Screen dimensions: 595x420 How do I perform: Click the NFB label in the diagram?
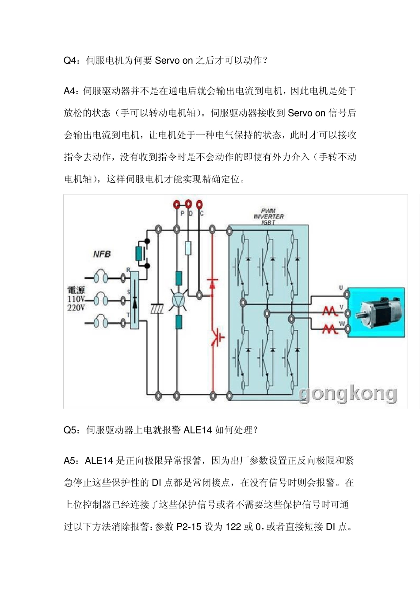(x=102, y=254)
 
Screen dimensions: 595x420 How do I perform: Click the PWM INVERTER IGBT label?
(x=268, y=216)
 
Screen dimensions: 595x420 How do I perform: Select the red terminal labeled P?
(x=177, y=204)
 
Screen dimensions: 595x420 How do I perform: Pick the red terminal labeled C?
(x=199, y=204)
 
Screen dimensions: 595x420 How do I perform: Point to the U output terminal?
(x=347, y=294)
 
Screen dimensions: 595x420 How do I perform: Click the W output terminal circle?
(x=347, y=329)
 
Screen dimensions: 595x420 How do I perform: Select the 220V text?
(x=76, y=307)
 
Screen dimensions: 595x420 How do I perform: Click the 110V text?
(x=76, y=299)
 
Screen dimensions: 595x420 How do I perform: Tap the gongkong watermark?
(x=347, y=394)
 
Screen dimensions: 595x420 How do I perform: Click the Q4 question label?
(x=71, y=61)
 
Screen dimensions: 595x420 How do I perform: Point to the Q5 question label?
(x=71, y=430)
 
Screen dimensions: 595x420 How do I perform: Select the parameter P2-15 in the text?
(x=189, y=527)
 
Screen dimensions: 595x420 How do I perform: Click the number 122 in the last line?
(x=233, y=527)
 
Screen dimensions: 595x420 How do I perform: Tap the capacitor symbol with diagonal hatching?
(x=157, y=309)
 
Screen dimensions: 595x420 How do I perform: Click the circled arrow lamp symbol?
(x=178, y=300)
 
